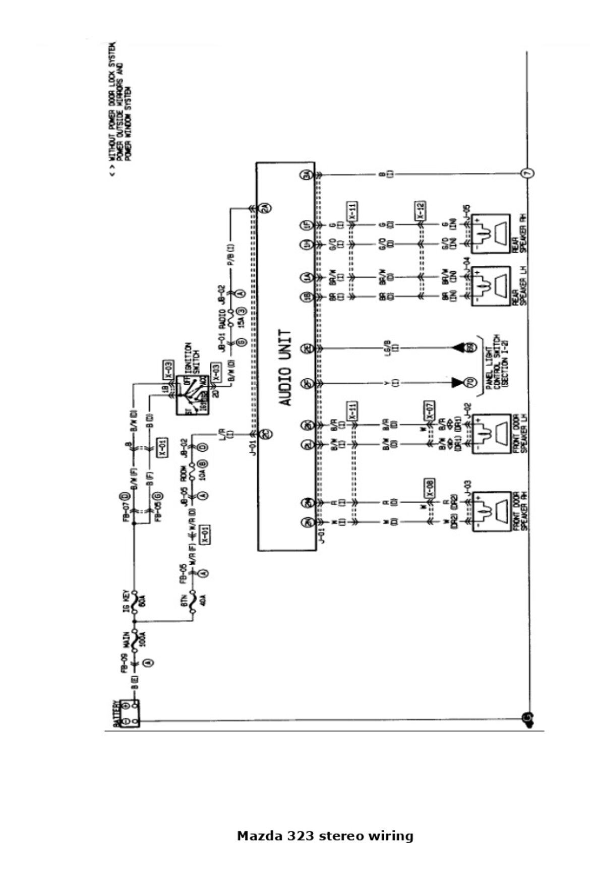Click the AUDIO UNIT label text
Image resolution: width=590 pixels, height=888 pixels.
pyautogui.click(x=285, y=368)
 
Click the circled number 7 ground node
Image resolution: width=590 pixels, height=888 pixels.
pyautogui.click(x=527, y=173)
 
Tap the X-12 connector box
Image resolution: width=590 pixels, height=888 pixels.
pyautogui.click(x=420, y=211)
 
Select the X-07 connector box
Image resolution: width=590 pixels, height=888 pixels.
pyautogui.click(x=430, y=411)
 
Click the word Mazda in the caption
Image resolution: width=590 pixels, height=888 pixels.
pyautogui.click(x=260, y=836)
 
